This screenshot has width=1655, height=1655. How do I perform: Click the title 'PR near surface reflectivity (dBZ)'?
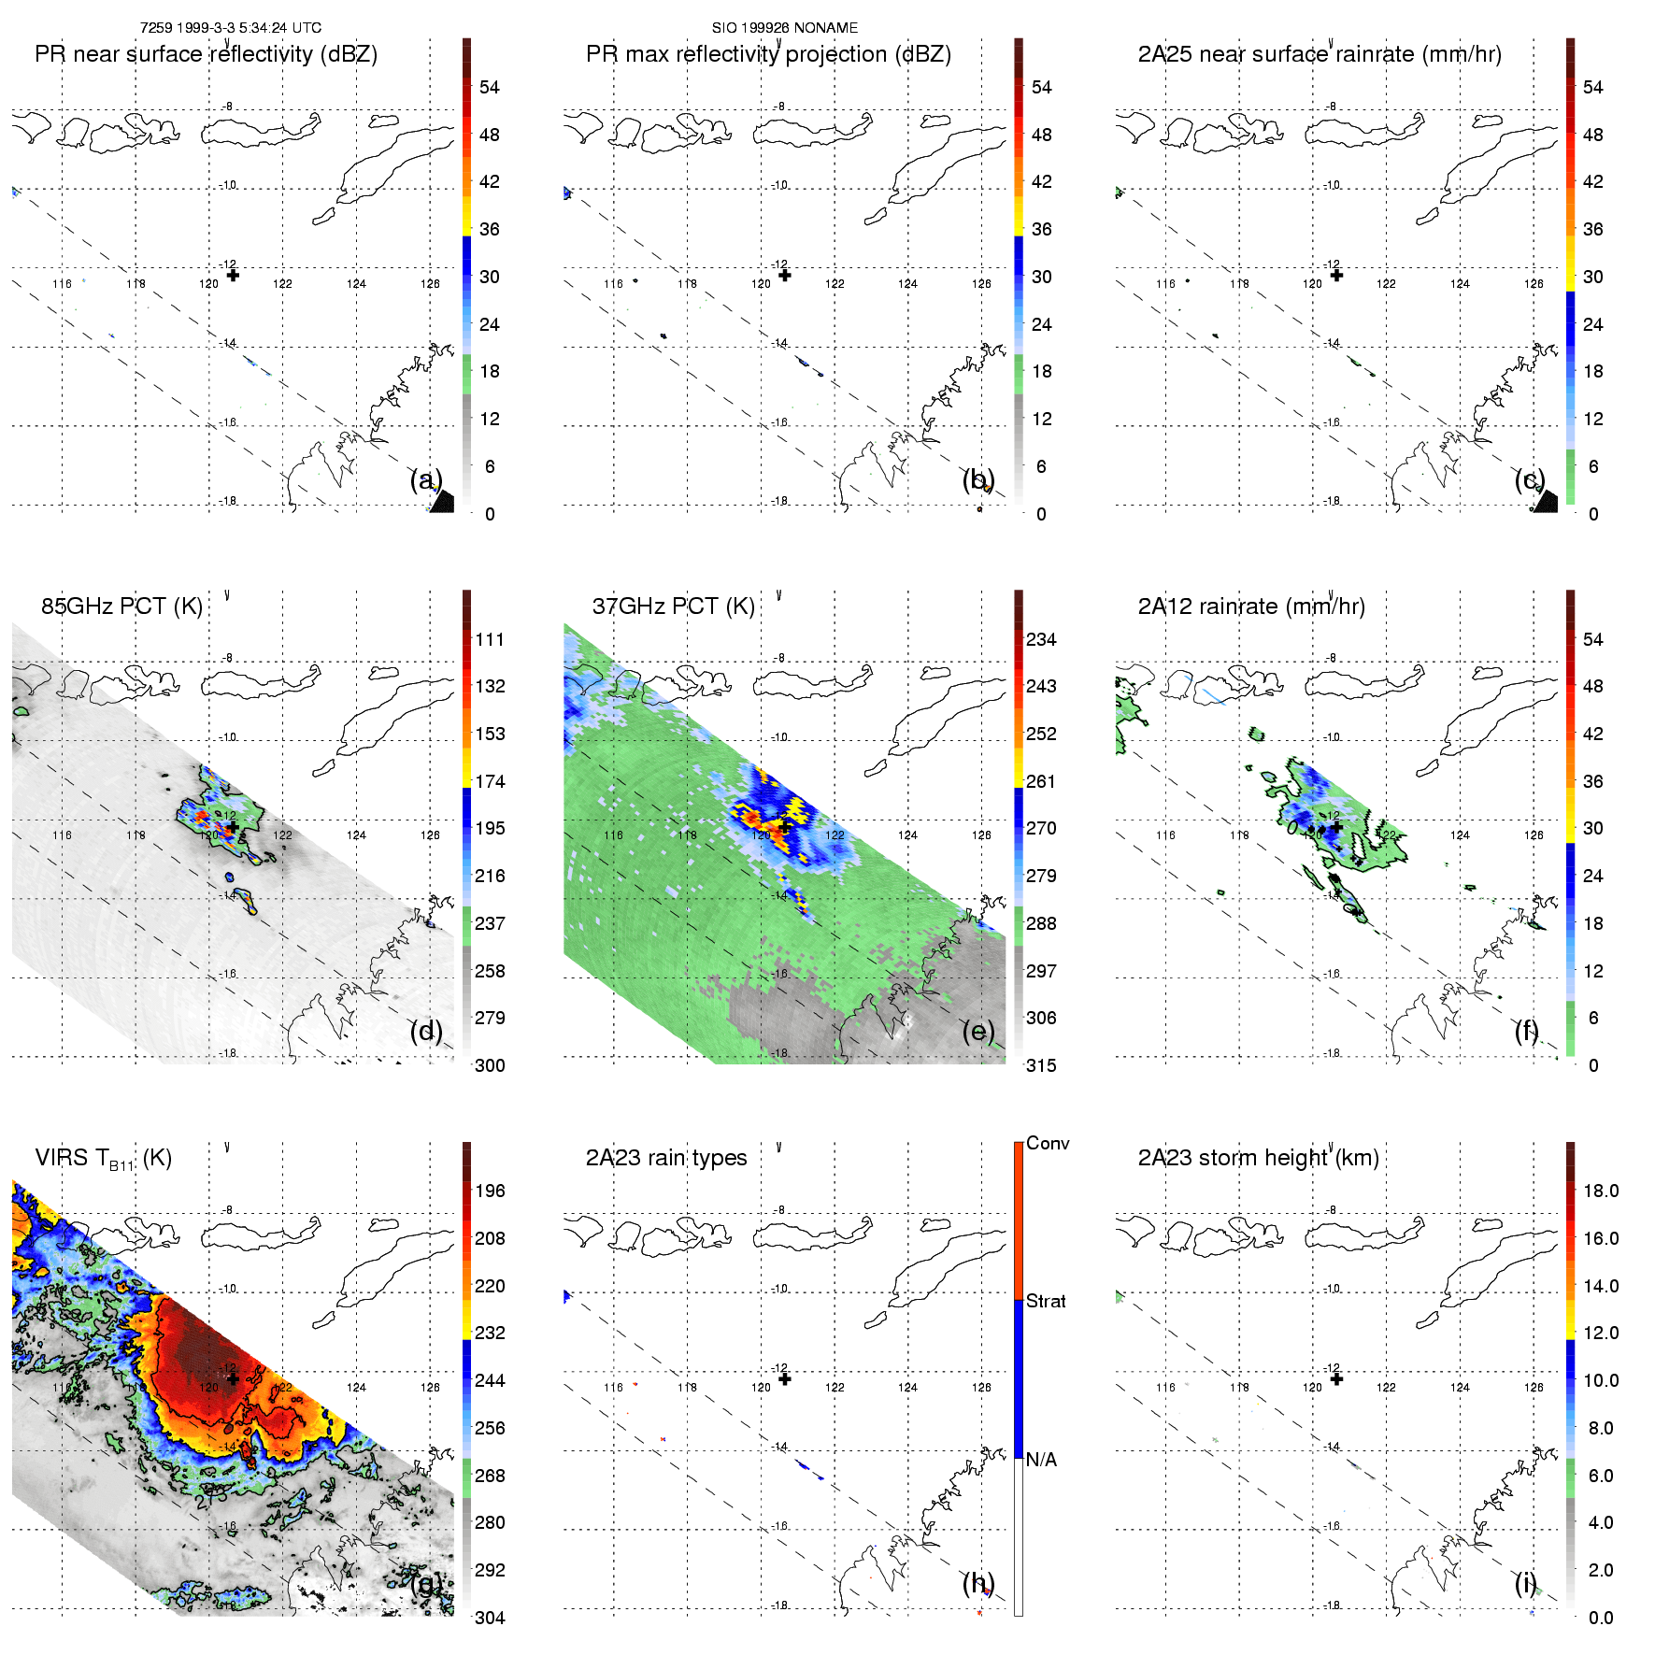tap(206, 54)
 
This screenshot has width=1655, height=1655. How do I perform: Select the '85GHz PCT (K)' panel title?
tap(121, 606)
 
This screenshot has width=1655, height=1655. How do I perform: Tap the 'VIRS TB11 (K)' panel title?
tap(103, 1159)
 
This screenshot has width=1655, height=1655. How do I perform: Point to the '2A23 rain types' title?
tap(666, 1159)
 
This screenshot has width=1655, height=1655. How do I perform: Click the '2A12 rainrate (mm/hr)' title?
tap(1251, 606)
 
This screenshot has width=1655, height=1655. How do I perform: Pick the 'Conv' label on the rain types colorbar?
tap(1048, 1144)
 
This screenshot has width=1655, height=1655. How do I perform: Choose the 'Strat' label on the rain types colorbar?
tap(1046, 1302)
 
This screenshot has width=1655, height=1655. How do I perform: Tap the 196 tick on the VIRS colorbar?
tap(490, 1191)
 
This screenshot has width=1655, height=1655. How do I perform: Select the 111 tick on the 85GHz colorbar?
tap(490, 640)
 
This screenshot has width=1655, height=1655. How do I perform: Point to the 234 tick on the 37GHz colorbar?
tap(1041, 640)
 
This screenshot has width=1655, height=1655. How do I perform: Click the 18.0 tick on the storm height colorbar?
tap(1601, 1191)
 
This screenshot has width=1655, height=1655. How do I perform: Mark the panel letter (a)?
tap(425, 480)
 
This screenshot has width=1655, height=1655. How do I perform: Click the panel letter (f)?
tap(1527, 1032)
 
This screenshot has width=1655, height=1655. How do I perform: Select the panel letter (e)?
tap(977, 1032)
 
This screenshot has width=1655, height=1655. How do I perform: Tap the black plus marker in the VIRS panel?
tap(233, 1379)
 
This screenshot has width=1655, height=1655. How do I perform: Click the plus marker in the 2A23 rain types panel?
tap(785, 1379)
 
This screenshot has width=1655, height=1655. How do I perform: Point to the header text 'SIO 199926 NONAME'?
tap(785, 28)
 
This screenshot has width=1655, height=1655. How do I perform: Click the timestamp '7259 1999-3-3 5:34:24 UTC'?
tap(231, 28)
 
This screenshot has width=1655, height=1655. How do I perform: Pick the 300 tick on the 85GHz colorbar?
tap(490, 1066)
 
